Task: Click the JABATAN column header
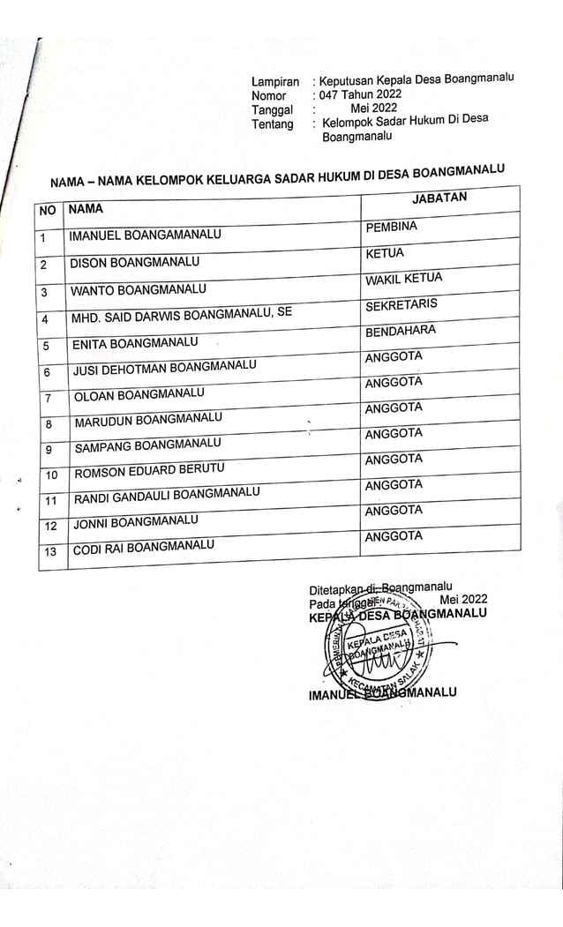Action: pyautogui.click(x=439, y=198)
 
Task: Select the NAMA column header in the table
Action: pyautogui.click(x=86, y=209)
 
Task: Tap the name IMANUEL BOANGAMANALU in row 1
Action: pyautogui.click(x=146, y=235)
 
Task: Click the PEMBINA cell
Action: pyautogui.click(x=391, y=228)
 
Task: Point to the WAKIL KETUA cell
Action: pyautogui.click(x=403, y=280)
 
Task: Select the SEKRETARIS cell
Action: pyautogui.click(x=401, y=305)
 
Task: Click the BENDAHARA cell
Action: pyautogui.click(x=400, y=331)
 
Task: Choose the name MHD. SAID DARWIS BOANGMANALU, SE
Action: pyautogui.click(x=182, y=314)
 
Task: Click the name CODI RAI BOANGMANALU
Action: pyautogui.click(x=143, y=548)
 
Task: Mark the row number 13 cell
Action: pyautogui.click(x=50, y=552)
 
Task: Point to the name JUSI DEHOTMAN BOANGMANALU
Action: pyautogui.click(x=164, y=366)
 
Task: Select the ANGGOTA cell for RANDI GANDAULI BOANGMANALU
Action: pyautogui.click(x=394, y=485)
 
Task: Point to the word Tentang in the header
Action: pyautogui.click(x=272, y=124)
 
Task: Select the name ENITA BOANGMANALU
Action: pyautogui.click(x=135, y=341)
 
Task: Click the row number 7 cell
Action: pyautogui.click(x=49, y=399)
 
